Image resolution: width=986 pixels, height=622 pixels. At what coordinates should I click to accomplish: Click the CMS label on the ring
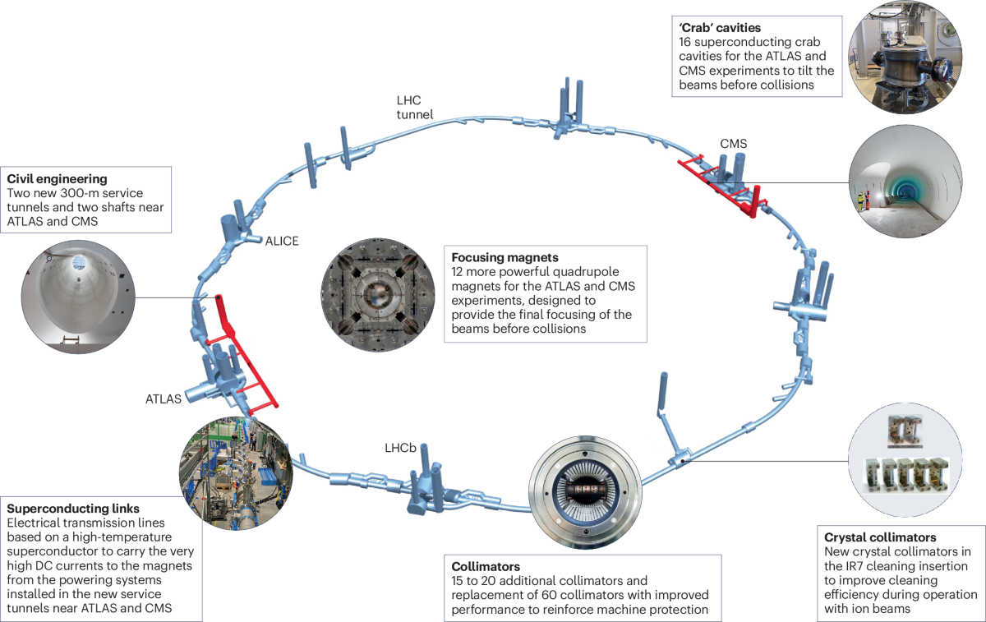click(x=734, y=144)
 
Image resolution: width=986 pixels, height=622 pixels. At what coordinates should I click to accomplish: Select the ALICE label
click(x=282, y=241)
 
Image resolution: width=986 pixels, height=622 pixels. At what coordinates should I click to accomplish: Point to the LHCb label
click(x=400, y=448)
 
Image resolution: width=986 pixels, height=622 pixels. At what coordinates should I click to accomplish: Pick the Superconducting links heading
click(x=72, y=509)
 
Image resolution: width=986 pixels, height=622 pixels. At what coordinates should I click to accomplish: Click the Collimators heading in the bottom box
click(x=486, y=566)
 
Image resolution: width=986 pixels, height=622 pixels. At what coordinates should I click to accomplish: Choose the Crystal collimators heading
click(x=879, y=537)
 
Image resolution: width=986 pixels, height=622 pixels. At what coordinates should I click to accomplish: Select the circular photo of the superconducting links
click(x=236, y=472)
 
